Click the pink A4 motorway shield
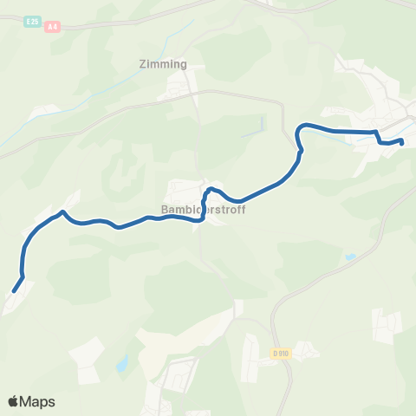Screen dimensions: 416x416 coord(54,27)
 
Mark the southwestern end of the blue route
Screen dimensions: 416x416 coord(14,291)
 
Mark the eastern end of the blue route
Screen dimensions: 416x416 coord(403,141)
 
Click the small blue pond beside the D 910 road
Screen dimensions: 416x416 coord(349,257)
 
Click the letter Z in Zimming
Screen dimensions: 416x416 coord(141,63)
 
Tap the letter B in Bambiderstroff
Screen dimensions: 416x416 coord(165,209)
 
